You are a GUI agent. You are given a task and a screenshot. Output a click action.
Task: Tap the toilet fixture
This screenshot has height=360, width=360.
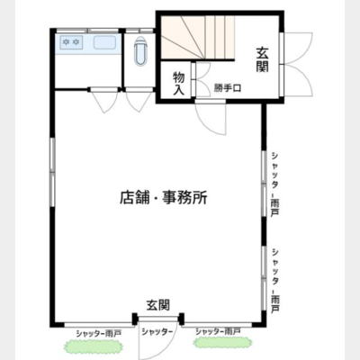pos(139,55)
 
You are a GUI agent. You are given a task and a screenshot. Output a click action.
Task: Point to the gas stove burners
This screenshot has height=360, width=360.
pos(69,42)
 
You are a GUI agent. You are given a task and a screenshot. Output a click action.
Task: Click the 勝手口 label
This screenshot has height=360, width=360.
pos(228,88)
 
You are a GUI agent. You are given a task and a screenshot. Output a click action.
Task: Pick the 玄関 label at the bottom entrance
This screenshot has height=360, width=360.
pos(158,305)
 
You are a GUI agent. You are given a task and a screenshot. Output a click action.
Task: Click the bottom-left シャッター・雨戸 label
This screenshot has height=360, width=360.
pos(98,333)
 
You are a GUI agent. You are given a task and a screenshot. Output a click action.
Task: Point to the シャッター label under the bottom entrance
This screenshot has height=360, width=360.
pos(158,333)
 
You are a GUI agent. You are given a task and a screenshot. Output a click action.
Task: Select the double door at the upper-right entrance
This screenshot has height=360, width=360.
pos(297,62)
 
